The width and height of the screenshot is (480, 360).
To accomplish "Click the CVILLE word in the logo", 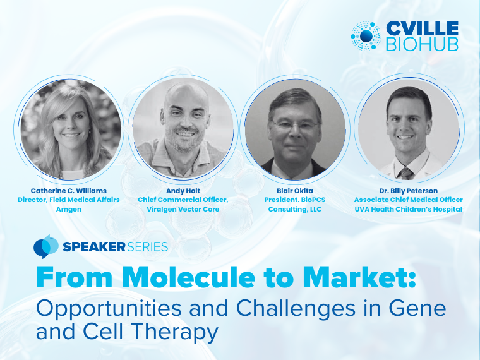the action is pyautogui.click(x=422, y=28).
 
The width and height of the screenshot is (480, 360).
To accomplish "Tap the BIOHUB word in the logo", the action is pyautogui.click(x=422, y=44).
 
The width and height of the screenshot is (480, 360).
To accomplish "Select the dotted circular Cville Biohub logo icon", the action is pyautogui.click(x=366, y=36).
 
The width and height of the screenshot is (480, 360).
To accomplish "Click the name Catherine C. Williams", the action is pyautogui.click(x=69, y=191).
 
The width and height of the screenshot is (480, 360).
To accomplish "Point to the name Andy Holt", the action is pyautogui.click(x=183, y=191).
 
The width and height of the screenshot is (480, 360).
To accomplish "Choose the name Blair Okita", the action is pyautogui.click(x=295, y=191).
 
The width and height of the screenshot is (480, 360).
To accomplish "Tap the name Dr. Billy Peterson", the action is pyautogui.click(x=409, y=191).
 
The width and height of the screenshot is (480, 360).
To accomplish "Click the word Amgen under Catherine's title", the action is pyautogui.click(x=69, y=210).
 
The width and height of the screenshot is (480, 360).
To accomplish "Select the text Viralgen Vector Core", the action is pyautogui.click(x=183, y=210).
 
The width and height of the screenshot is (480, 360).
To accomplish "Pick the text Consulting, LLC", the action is pyautogui.click(x=295, y=210).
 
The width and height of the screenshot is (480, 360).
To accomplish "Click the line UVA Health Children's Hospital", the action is pyautogui.click(x=409, y=210).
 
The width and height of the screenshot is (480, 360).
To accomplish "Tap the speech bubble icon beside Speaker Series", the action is pyautogui.click(x=46, y=246).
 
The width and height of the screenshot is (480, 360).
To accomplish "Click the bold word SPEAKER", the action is pyautogui.click(x=94, y=247).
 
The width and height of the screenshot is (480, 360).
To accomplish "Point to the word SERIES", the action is pyautogui.click(x=147, y=247).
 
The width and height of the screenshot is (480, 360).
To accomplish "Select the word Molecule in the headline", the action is pyautogui.click(x=190, y=277).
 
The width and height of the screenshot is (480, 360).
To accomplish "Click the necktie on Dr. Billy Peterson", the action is pyautogui.click(x=406, y=174).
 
